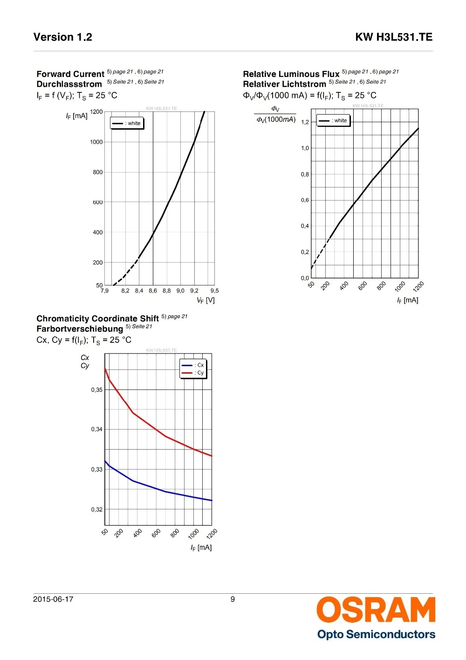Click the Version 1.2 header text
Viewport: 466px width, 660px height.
(63, 37)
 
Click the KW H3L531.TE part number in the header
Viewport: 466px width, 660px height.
(394, 37)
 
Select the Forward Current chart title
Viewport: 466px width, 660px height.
(70, 74)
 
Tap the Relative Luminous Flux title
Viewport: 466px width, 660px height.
(291, 74)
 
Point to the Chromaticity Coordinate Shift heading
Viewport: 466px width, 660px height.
(98, 319)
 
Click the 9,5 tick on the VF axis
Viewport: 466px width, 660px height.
(215, 291)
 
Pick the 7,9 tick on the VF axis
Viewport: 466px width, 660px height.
(104, 291)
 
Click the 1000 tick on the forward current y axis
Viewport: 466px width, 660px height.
(96, 142)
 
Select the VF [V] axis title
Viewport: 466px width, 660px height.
(206, 300)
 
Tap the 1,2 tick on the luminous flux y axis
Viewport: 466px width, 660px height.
(305, 122)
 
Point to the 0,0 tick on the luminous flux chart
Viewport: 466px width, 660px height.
(305, 278)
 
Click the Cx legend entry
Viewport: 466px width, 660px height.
(193, 365)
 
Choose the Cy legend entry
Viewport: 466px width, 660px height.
(193, 373)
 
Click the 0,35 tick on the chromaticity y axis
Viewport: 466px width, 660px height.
(97, 390)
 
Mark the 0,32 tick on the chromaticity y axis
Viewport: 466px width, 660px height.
(97, 509)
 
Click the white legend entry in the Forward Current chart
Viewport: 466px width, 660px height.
(127, 123)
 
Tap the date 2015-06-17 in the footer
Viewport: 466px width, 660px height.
(53, 599)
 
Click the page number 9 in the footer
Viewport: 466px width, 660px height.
(233, 599)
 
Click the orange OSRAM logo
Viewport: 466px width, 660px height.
(376, 610)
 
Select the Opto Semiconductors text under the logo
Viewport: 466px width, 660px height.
(376, 634)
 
